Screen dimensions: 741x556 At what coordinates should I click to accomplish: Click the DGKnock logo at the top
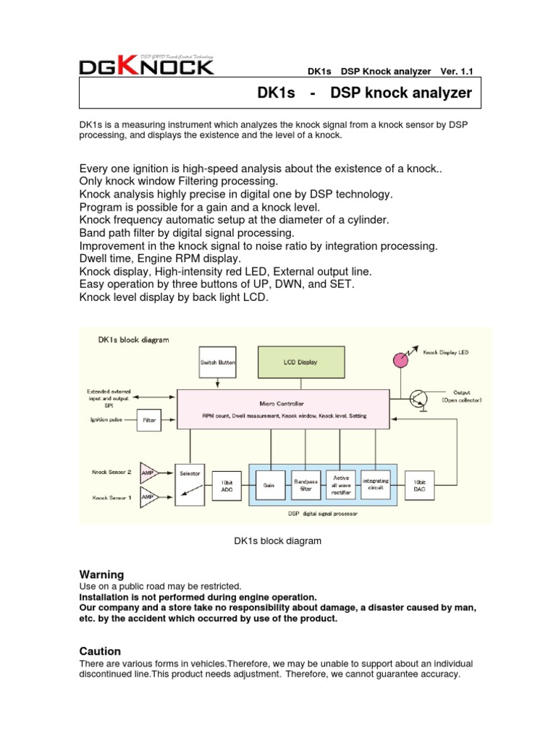coord(146,66)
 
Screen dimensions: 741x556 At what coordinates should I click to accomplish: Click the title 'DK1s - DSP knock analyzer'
coord(364,93)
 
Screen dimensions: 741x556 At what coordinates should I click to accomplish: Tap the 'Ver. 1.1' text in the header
coord(455,72)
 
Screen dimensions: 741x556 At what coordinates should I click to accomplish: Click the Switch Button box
coord(217,361)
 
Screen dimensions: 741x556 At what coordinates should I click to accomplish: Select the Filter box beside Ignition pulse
coord(149,419)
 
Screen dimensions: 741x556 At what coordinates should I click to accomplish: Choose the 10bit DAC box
coord(421,485)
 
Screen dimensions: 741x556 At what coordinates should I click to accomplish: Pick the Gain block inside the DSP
coord(269,485)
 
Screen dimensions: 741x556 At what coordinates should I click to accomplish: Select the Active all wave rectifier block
coord(341,485)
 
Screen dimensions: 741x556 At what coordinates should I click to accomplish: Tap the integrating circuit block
coord(375,485)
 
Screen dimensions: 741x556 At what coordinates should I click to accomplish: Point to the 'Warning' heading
coord(101,574)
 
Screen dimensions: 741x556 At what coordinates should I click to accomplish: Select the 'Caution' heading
coord(100,651)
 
